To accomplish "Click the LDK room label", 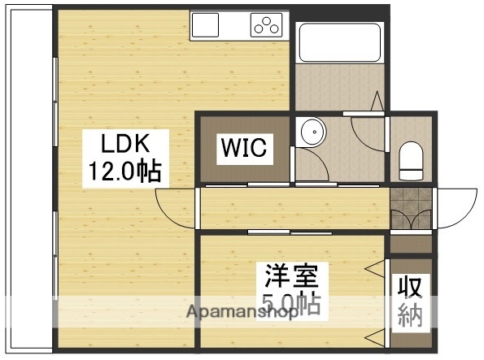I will coord(124,144).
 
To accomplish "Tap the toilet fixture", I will coord(412,159).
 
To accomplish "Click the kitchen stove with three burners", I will coord(265,25).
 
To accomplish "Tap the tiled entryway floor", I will coord(412,209).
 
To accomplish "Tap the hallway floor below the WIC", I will coord(293,208).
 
